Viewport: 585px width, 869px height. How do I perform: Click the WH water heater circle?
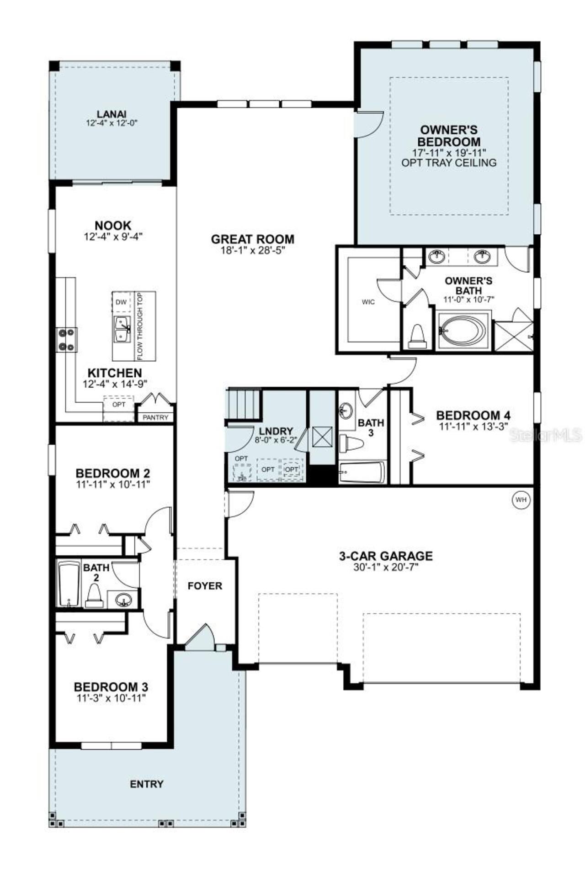click(x=521, y=500)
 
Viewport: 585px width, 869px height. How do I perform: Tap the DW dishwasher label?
click(x=121, y=302)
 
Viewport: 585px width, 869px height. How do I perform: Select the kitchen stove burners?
click(x=67, y=340)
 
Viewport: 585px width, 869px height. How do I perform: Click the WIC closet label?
click(x=368, y=302)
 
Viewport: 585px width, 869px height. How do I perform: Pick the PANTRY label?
click(x=156, y=417)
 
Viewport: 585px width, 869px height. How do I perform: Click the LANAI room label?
click(x=112, y=114)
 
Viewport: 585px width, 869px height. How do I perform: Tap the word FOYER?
click(x=205, y=585)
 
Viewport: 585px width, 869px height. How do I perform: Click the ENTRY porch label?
click(x=147, y=784)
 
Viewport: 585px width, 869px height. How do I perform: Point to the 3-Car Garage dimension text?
click(x=386, y=567)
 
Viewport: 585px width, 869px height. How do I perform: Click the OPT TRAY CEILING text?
click(x=449, y=163)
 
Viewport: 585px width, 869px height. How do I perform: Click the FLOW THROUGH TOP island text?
click(x=140, y=326)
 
